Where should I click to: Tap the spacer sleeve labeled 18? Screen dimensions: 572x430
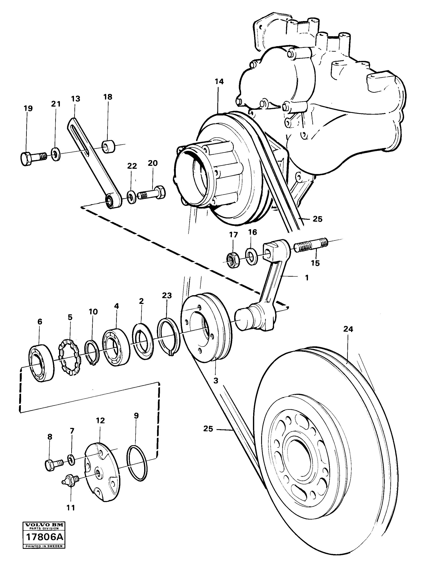pos(109,146)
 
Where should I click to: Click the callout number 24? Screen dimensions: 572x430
pos(348,329)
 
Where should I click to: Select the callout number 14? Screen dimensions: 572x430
pos(219,82)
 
